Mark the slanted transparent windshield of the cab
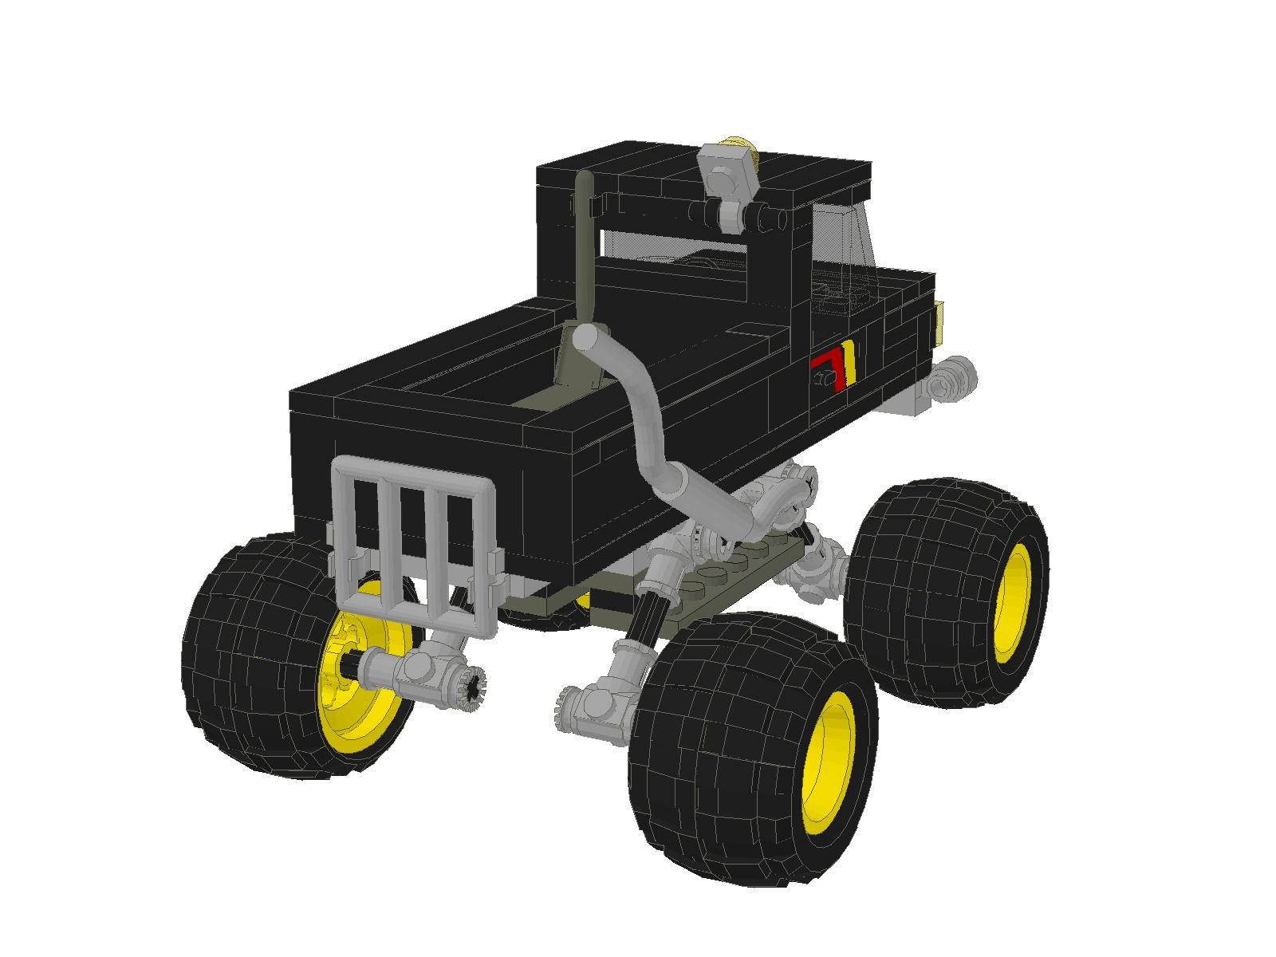pos(845,239)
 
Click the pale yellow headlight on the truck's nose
pos(942,319)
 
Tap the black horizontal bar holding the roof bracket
pos(686,211)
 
